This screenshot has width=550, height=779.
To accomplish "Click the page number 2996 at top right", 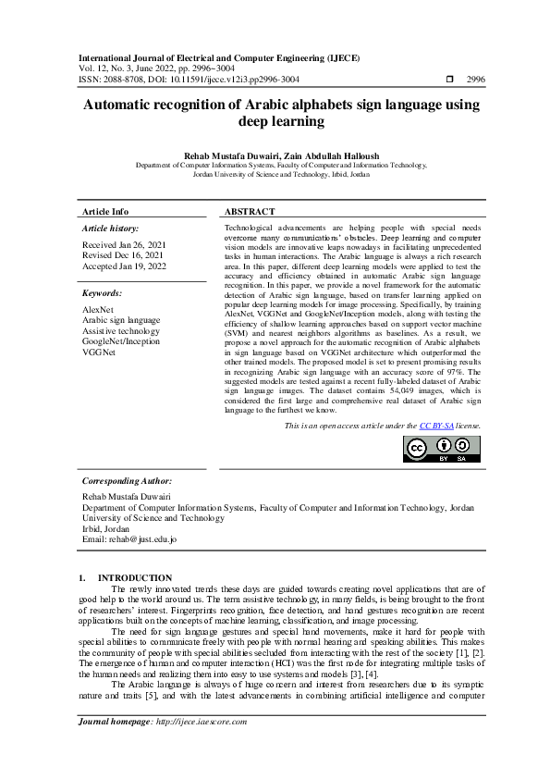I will coord(475,80).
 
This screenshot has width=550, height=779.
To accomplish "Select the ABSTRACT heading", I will coord(249,212).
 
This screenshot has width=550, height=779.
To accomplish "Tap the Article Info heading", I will coord(105,212).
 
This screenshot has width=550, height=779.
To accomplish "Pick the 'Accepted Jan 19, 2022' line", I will coord(124,266).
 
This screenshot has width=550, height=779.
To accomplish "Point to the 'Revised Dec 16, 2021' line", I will coord(123,255).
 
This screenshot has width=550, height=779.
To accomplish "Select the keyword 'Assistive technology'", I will coord(121,331).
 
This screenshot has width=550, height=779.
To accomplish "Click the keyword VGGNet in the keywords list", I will coord(99,352).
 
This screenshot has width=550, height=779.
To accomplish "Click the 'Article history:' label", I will coord(111,228).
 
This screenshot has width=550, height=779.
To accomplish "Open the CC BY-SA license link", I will coord(436,426).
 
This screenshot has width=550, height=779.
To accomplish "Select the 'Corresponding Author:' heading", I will coord(127,481).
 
